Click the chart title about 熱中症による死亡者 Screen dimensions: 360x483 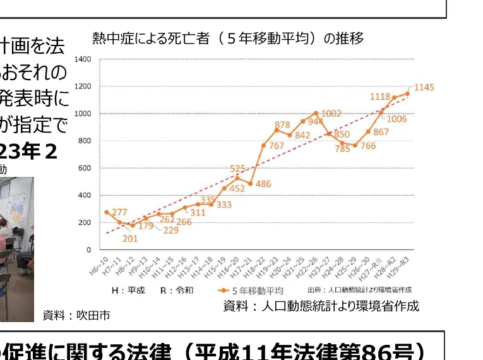[x=228, y=39]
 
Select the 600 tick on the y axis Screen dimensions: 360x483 [x=85, y=168]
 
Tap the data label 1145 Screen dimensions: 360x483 [x=424, y=87]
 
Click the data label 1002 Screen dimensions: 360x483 [x=331, y=114]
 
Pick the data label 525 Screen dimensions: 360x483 [x=237, y=169]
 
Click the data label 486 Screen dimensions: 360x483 [x=263, y=184]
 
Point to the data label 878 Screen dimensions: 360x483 [x=282, y=125]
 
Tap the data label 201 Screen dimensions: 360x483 [x=129, y=239]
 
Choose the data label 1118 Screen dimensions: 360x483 [x=379, y=97]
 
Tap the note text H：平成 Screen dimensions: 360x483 [x=128, y=291]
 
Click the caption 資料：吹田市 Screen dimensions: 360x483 [x=76, y=315]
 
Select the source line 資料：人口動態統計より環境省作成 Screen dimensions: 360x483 [x=321, y=306]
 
